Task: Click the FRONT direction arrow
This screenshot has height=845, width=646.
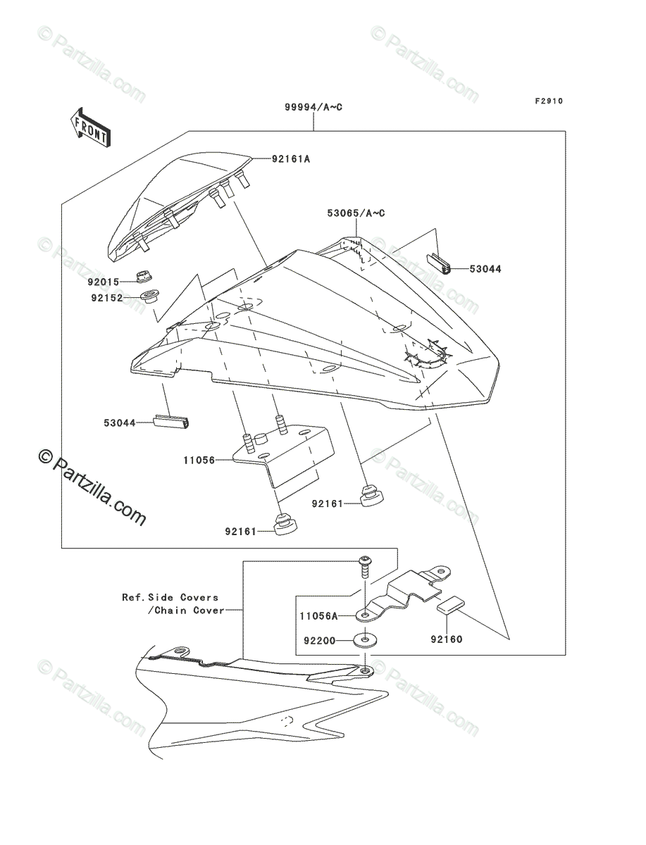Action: tap(91, 127)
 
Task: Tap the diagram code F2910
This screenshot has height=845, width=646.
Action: tap(549, 101)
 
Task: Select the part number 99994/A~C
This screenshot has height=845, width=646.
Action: tap(313, 107)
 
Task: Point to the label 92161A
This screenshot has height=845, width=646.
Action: tap(291, 158)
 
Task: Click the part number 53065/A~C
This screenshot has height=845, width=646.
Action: tap(356, 213)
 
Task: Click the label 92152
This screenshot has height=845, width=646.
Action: tap(106, 298)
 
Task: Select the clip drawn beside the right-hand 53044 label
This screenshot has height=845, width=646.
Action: tap(438, 265)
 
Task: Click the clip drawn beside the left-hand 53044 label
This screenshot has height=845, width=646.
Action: tap(171, 422)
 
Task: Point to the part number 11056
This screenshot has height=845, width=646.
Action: tap(199, 460)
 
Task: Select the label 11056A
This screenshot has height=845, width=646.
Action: tap(318, 616)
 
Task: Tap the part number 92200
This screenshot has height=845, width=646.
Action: tap(320, 641)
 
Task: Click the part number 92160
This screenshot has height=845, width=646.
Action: tap(447, 640)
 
